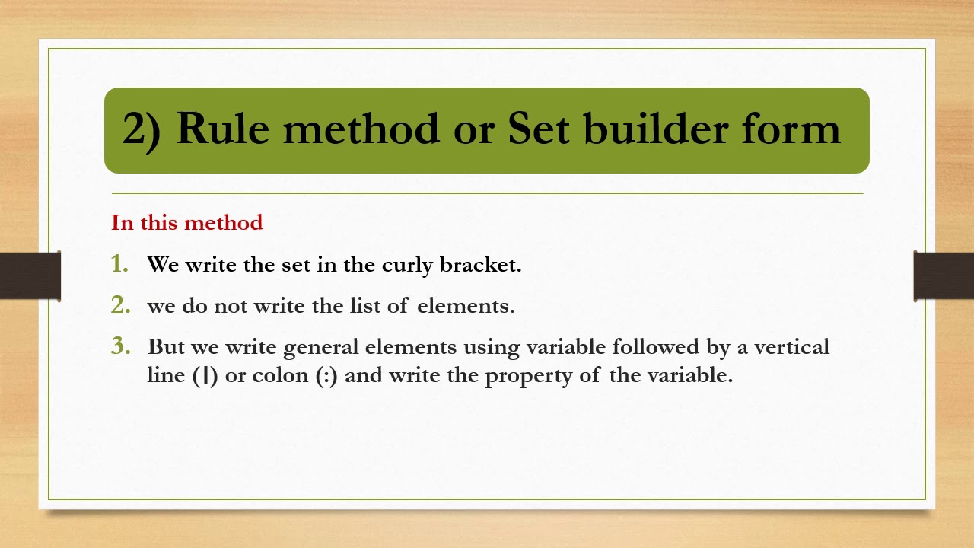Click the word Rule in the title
(x=222, y=129)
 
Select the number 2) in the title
(x=142, y=130)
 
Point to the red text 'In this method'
(x=187, y=223)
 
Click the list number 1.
(x=119, y=264)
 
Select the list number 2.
(x=120, y=305)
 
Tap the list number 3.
(x=120, y=346)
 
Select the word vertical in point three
(x=793, y=347)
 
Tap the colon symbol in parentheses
(x=326, y=377)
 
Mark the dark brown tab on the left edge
(x=30, y=276)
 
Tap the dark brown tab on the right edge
(x=944, y=276)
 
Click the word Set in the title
(x=538, y=129)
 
